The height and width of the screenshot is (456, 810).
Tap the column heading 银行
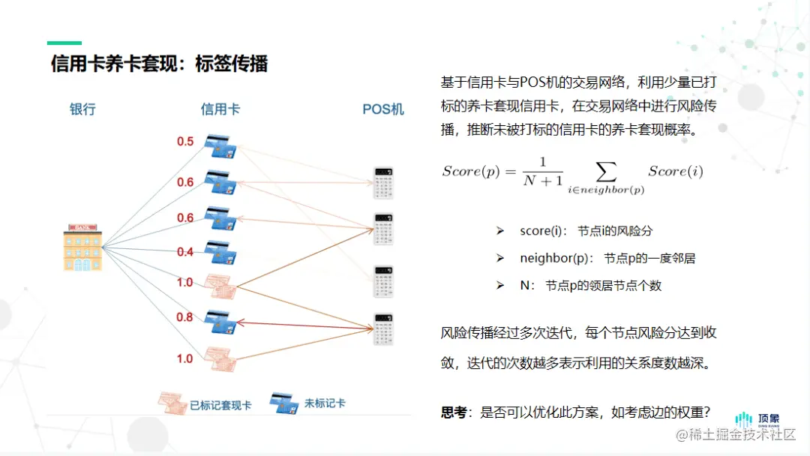82,109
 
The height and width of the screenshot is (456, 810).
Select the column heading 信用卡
220,109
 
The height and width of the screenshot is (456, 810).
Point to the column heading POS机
383,109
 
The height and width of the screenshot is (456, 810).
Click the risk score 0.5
185,142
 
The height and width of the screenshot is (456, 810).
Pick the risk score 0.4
185,252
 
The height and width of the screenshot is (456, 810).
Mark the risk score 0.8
185,317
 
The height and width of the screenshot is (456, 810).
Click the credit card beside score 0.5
221,146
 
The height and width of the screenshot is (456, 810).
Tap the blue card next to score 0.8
221,321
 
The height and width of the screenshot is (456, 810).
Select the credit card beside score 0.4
221,252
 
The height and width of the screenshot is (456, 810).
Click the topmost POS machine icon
384,182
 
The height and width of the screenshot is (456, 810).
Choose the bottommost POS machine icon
384,328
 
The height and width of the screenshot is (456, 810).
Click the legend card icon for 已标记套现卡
172,403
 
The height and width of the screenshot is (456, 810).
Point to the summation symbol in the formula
604,171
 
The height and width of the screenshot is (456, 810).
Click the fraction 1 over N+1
543,172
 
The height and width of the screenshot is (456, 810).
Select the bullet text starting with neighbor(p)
607,258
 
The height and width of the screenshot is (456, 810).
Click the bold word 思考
454,412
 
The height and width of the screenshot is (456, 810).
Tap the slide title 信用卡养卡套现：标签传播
159,64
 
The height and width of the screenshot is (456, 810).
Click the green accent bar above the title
64,43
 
